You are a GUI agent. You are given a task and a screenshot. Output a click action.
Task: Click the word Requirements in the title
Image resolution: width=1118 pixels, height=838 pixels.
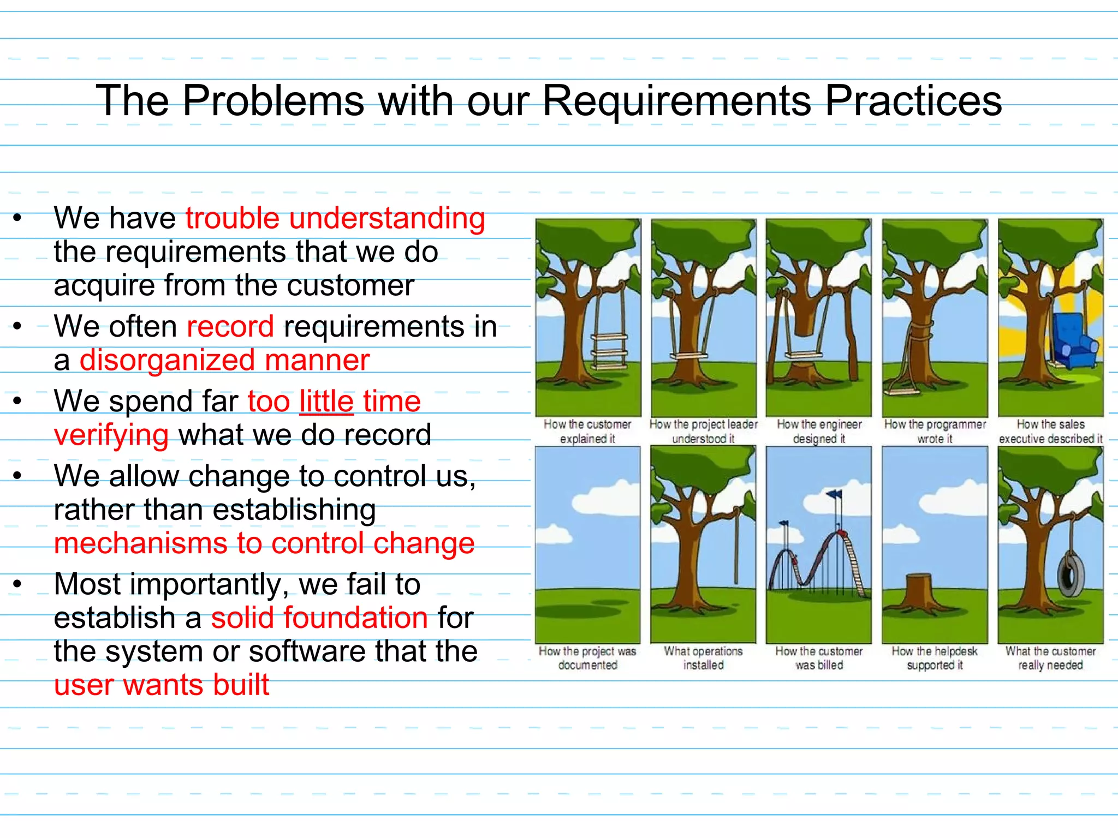coord(677,101)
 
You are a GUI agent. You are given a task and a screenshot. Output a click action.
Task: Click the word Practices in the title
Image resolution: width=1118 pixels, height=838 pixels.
coord(913,101)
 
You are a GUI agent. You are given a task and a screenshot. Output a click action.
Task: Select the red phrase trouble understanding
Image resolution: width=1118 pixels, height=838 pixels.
coord(335,219)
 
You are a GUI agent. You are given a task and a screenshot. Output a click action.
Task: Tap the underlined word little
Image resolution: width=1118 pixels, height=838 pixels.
coord(326,402)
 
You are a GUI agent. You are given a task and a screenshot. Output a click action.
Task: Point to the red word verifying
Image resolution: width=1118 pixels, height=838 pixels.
coord(111,435)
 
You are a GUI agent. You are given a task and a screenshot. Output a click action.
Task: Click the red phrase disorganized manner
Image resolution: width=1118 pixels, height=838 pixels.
coord(224,361)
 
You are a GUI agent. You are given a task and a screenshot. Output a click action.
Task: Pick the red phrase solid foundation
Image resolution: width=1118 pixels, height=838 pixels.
coord(319,618)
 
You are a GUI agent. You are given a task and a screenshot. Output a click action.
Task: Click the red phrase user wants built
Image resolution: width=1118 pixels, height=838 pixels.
coord(162,685)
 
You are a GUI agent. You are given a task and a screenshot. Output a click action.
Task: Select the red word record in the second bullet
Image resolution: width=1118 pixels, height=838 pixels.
coord(230,327)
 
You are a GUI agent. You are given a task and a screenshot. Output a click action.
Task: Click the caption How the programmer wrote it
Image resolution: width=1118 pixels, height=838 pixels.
coord(935,431)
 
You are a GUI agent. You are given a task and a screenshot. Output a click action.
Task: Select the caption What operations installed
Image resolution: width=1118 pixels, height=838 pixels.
coord(703,658)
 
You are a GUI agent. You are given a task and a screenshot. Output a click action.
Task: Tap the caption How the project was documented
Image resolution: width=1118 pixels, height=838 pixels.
coord(587,658)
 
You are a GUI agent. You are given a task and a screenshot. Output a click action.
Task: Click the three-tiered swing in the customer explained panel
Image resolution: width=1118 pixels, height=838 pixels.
coord(609,349)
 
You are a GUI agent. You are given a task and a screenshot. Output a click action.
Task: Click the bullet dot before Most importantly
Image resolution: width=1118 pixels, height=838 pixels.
coord(17,585)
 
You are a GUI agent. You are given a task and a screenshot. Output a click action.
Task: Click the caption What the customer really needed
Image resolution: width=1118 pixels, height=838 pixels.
coord(1050,658)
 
